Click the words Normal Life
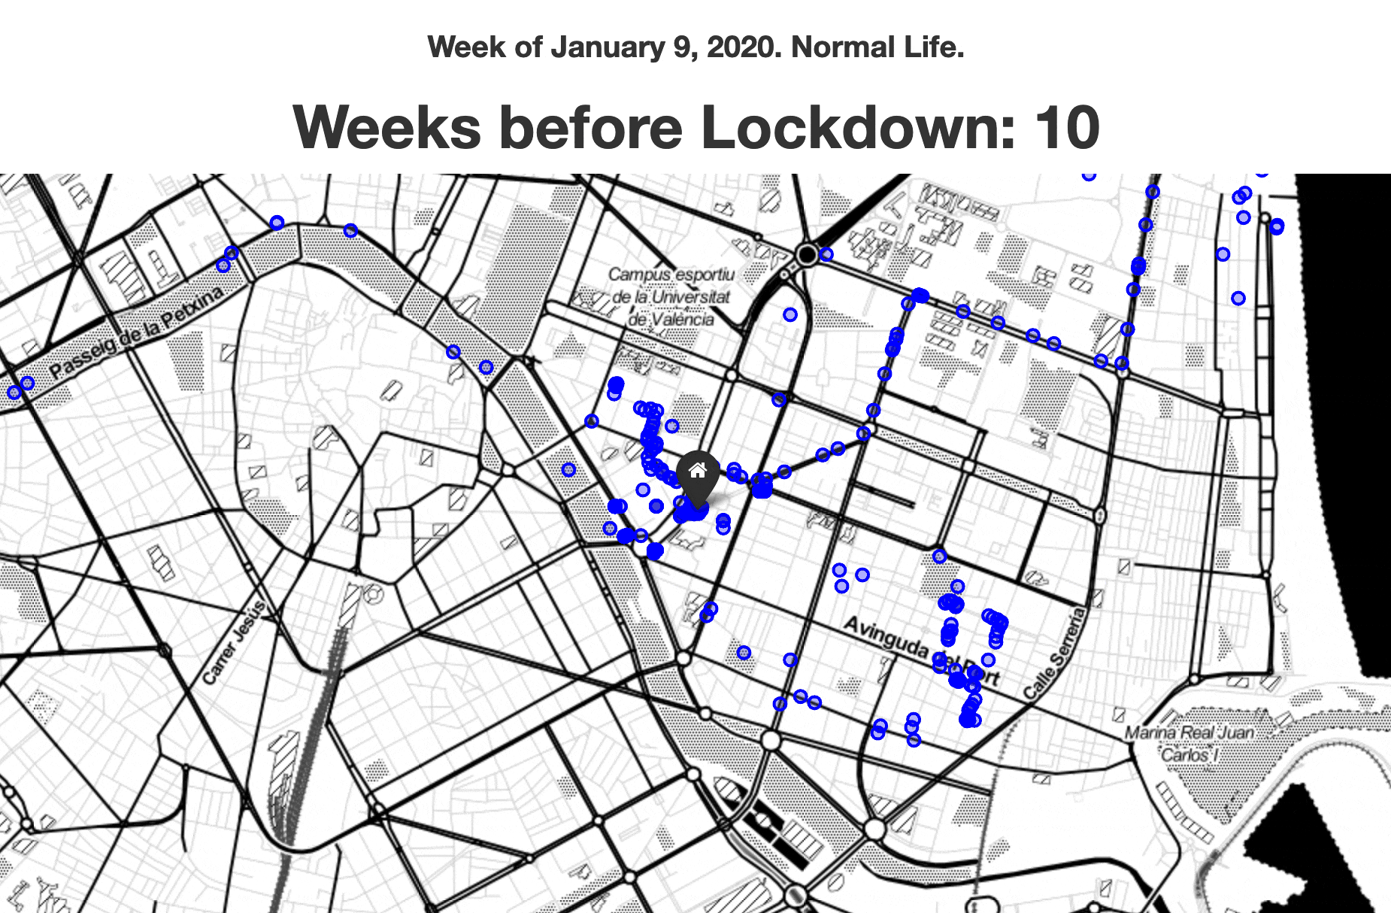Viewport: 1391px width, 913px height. click(877, 47)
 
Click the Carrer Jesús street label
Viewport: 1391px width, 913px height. click(234, 642)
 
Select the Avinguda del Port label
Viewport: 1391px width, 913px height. click(922, 650)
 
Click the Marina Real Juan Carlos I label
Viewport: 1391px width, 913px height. click(1189, 742)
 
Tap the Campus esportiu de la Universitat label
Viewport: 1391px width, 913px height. click(671, 296)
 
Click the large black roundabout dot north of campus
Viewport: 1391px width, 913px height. click(807, 254)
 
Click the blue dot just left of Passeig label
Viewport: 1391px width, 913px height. click(28, 383)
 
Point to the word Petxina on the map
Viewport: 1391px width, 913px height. click(197, 304)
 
